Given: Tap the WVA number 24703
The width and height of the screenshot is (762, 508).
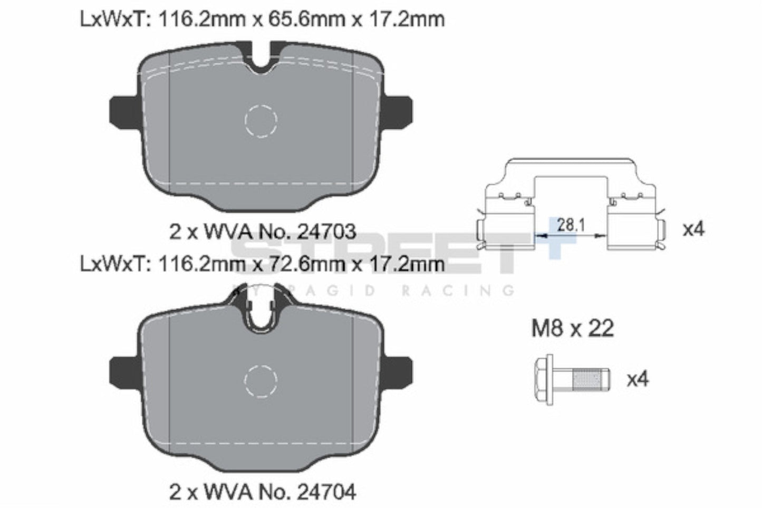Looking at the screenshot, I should (x=326, y=231).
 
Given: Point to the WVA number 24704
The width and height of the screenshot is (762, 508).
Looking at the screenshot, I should (x=326, y=492).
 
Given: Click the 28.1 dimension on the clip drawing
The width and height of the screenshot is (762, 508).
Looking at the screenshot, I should (x=571, y=225).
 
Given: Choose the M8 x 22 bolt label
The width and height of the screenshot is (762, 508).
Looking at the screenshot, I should (x=572, y=329).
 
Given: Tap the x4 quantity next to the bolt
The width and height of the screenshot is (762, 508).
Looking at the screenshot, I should (x=638, y=379).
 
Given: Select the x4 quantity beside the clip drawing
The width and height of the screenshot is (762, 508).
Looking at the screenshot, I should (x=694, y=229).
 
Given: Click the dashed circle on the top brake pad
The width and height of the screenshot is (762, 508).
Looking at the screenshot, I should (x=261, y=120).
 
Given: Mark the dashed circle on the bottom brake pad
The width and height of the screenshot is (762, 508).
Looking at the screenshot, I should (x=261, y=380).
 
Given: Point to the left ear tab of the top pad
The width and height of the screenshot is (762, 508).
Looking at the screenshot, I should (x=122, y=111).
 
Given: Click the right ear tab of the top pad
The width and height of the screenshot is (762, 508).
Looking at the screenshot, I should (x=399, y=111).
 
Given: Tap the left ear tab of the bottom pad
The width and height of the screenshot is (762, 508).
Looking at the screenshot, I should (x=122, y=371).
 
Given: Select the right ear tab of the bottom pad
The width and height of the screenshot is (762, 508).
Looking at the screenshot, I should (x=399, y=371).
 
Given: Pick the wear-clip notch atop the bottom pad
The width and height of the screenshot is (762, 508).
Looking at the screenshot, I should (x=261, y=314).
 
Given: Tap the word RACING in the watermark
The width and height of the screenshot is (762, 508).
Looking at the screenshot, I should (x=457, y=290).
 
